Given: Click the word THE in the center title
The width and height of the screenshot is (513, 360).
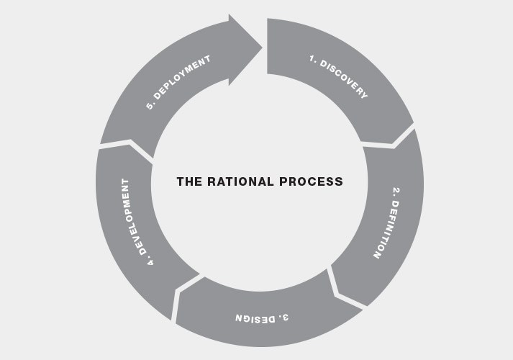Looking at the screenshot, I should tap(189, 181).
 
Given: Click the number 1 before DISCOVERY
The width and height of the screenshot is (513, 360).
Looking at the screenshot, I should tap(314, 60).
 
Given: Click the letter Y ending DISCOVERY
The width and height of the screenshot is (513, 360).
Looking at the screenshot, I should tap(364, 95).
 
